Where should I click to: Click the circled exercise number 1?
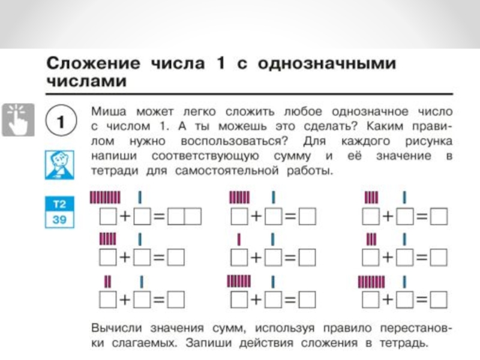(x=60, y=122)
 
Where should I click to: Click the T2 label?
(x=59, y=204)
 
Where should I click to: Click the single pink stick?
(x=239, y=239)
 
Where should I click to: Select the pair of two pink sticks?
(x=108, y=281)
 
